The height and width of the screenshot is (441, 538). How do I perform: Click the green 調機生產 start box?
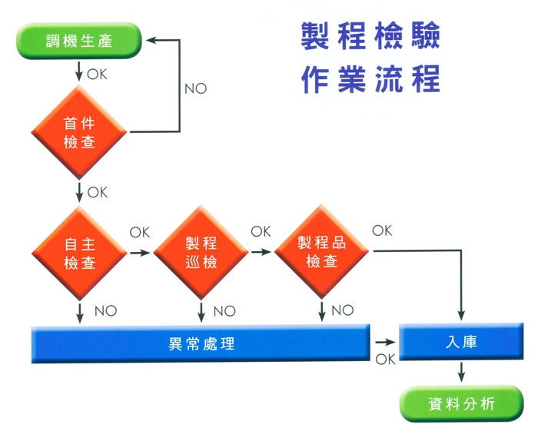(79, 40)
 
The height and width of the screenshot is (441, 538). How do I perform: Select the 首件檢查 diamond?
(79, 132)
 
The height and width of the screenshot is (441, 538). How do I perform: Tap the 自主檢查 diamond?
(79, 253)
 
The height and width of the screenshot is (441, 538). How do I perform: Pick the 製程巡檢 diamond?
(201, 253)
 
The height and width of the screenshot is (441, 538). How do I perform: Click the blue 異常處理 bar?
(200, 343)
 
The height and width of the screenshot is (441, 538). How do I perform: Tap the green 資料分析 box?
(461, 403)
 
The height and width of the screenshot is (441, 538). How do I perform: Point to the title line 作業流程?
(370, 79)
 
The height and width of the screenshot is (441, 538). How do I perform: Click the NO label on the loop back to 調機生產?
(195, 88)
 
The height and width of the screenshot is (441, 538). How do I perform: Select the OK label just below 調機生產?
(98, 75)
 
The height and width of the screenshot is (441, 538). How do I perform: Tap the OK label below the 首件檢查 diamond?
(98, 192)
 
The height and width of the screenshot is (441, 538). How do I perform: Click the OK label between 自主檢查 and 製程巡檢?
(139, 231)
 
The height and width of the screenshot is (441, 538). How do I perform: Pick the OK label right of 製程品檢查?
(382, 230)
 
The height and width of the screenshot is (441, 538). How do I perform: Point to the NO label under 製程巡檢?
(224, 311)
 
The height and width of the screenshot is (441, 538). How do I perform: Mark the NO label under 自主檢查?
(105, 311)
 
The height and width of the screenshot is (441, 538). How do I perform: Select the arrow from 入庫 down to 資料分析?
(461, 373)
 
